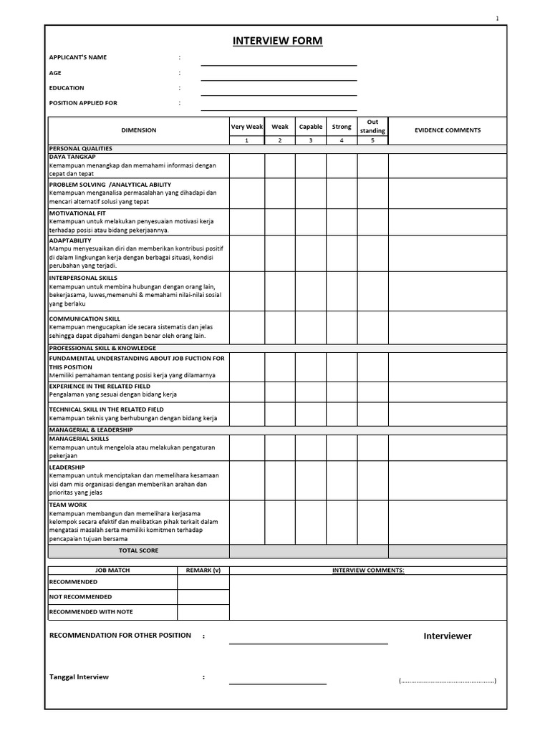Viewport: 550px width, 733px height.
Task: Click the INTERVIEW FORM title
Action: (277, 42)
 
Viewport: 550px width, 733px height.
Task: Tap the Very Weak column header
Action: (247, 127)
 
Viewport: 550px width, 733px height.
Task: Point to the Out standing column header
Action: (372, 126)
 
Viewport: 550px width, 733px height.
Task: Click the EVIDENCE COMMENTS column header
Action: (448, 130)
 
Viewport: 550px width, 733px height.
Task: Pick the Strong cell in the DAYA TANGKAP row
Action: (342, 165)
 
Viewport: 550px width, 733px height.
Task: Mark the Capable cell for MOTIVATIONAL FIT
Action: (311, 222)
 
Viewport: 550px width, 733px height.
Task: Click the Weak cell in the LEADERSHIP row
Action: (280, 480)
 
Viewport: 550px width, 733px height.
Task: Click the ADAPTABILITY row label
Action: (70, 241)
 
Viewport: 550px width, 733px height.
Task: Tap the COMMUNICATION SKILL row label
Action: (85, 319)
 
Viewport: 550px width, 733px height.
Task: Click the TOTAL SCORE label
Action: (138, 550)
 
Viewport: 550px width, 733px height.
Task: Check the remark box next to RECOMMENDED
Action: (203, 582)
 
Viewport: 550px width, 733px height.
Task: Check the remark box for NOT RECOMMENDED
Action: (203, 597)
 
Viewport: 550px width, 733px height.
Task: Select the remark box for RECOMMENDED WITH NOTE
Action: (203, 612)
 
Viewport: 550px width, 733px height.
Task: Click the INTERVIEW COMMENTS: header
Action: (368, 571)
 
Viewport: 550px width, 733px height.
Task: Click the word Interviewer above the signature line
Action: (448, 636)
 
